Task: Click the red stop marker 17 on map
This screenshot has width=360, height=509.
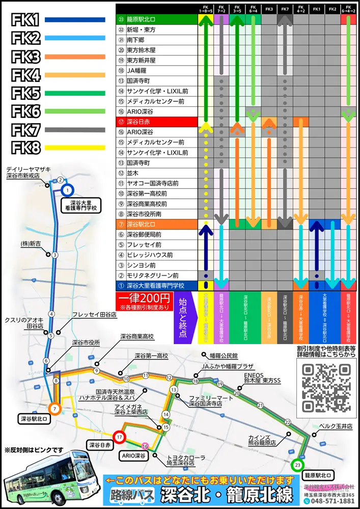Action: [119, 437]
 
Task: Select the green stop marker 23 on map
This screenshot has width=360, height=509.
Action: [297, 465]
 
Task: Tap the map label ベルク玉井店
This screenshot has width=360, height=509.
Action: [334, 425]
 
